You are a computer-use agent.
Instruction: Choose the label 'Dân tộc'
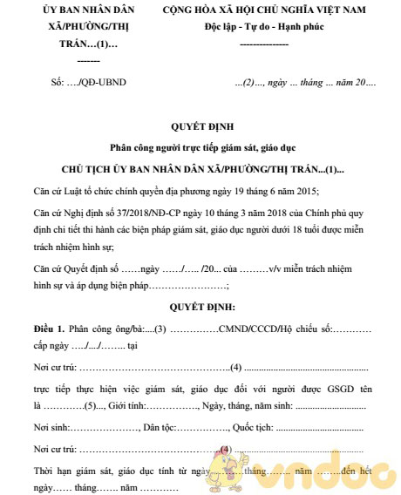[x=160, y=429]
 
